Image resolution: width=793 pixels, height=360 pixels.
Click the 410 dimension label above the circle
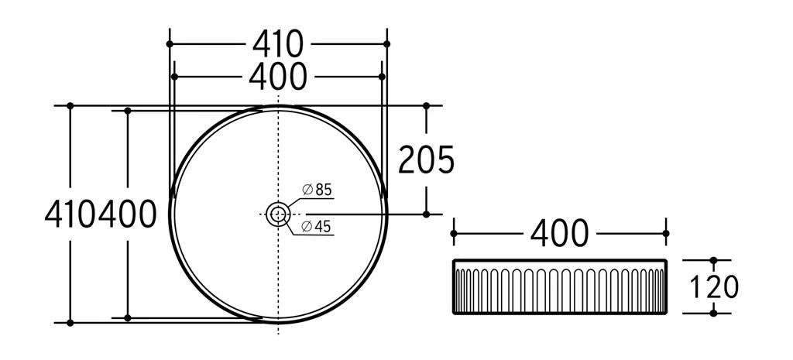click(x=278, y=44)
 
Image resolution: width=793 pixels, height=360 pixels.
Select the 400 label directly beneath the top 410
click(x=278, y=77)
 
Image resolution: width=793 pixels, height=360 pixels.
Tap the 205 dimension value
click(x=427, y=159)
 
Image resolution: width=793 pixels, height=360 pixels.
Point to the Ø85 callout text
click(x=317, y=190)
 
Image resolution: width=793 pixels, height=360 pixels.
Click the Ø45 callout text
click(x=317, y=227)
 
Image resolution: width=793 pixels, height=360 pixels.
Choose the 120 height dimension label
click(x=713, y=286)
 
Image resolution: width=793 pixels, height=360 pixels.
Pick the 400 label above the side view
click(x=559, y=233)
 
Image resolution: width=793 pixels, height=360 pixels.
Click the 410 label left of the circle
click(x=70, y=214)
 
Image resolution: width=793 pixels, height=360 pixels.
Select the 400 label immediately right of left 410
click(x=127, y=214)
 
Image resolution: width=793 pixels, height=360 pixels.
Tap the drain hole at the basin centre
click(x=278, y=214)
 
